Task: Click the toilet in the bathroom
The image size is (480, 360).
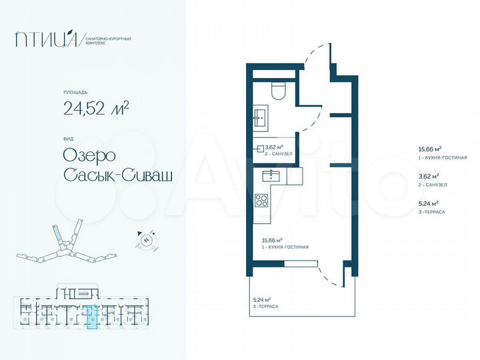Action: tap(279, 91)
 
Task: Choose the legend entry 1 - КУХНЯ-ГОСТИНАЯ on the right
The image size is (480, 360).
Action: tap(442, 157)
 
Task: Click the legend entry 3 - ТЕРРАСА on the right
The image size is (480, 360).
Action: tap(431, 211)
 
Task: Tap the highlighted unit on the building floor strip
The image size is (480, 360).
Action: tap(93, 316)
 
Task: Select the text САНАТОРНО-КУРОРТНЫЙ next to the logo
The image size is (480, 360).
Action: tap(109, 39)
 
